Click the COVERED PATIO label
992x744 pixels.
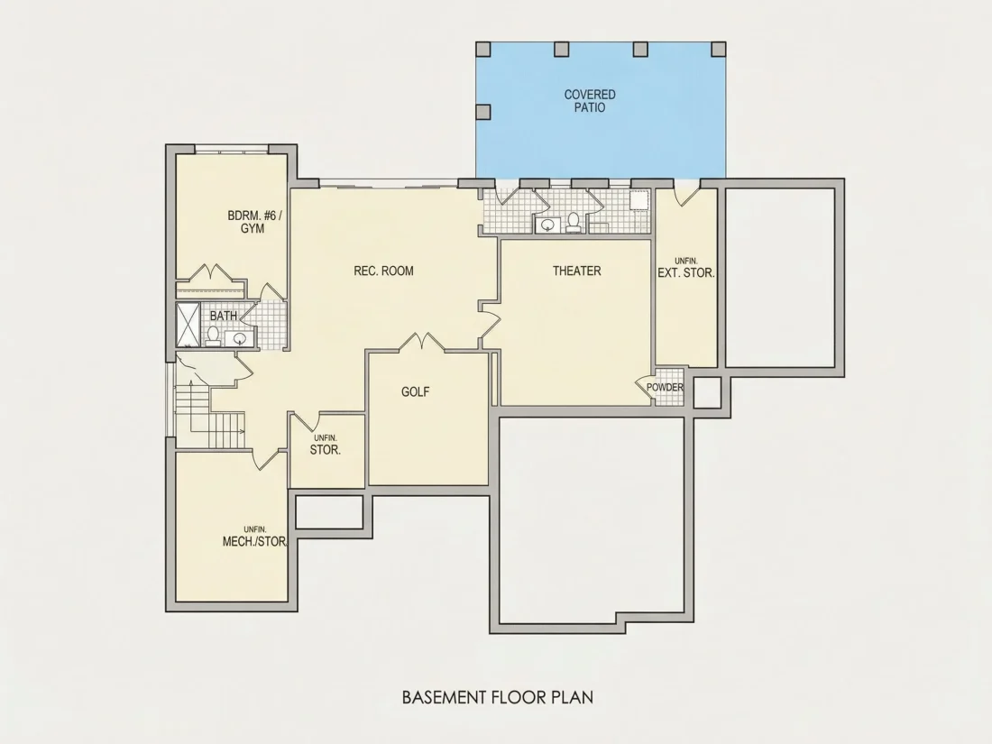pyautogui.click(x=590, y=101)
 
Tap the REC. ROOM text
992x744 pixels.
pyautogui.click(x=383, y=271)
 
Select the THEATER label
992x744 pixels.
pyautogui.click(x=576, y=271)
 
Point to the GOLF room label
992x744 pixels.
pyautogui.click(x=415, y=391)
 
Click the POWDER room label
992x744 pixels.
pyautogui.click(x=665, y=387)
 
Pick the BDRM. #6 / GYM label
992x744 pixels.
pyautogui.click(x=255, y=222)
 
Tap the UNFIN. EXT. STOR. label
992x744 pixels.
pyautogui.click(x=686, y=268)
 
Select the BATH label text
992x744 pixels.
pyautogui.click(x=224, y=315)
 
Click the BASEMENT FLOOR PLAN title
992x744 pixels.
pyautogui.click(x=498, y=697)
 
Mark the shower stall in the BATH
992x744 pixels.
pyautogui.click(x=188, y=326)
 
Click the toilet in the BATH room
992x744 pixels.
pyautogui.click(x=213, y=336)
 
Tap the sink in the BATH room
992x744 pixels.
pyautogui.click(x=240, y=338)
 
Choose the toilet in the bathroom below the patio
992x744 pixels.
pyautogui.click(x=574, y=222)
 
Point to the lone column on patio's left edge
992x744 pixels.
pyautogui.click(x=482, y=112)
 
